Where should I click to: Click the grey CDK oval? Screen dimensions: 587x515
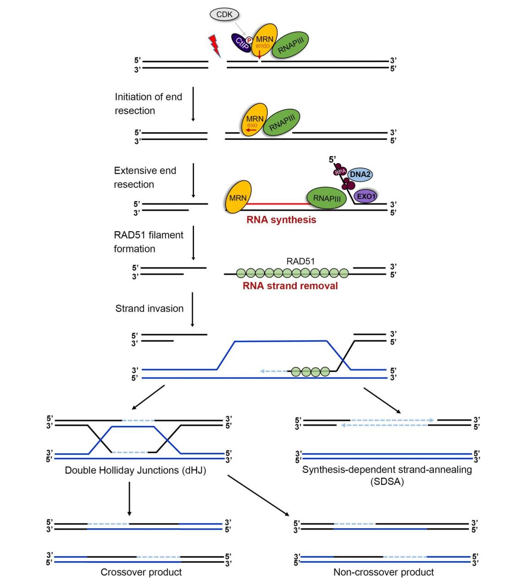click(x=224, y=15)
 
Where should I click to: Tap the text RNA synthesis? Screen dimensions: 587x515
click(x=281, y=220)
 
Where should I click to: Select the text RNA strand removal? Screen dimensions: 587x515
click(x=290, y=286)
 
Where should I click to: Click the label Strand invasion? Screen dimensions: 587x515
click(x=149, y=309)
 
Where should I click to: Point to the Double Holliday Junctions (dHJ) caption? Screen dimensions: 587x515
click(x=135, y=470)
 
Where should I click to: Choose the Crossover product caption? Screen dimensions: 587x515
click(x=141, y=572)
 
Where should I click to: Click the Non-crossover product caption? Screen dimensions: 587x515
click(x=383, y=572)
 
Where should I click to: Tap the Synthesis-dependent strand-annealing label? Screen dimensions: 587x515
click(x=387, y=470)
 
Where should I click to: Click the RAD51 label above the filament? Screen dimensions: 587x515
click(x=300, y=261)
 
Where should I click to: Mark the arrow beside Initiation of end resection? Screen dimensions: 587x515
click(x=193, y=104)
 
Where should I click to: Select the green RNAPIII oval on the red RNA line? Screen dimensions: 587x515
click(x=326, y=198)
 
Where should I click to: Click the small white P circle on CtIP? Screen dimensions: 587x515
click(x=249, y=40)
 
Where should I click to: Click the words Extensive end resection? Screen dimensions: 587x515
click(x=145, y=177)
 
